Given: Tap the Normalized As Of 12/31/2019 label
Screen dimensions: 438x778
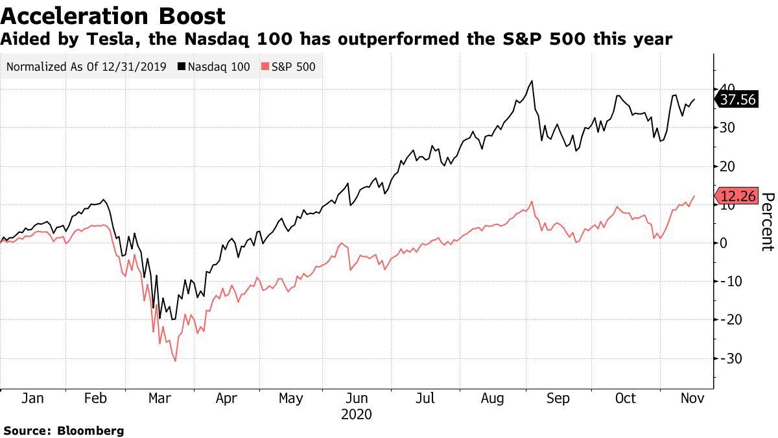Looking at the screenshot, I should point(86,66).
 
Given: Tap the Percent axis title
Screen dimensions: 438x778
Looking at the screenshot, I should point(768,221).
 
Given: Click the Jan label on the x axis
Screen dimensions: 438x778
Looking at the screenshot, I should point(32,398).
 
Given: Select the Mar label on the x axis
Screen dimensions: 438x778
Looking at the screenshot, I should point(160,398).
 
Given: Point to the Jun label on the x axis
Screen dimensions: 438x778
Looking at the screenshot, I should point(356,398).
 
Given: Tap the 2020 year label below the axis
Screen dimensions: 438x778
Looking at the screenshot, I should point(356,413).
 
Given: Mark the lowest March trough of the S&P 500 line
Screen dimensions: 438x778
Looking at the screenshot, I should point(175,361).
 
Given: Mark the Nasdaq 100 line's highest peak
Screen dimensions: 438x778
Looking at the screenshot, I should point(532,80).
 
